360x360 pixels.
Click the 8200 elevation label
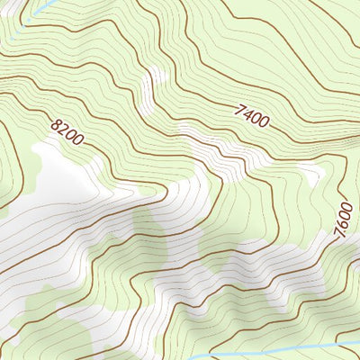pos(67,134)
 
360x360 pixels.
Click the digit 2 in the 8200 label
pos(64,131)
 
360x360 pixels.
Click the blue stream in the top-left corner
pos(40,8)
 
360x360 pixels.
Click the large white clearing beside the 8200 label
pos(54,175)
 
